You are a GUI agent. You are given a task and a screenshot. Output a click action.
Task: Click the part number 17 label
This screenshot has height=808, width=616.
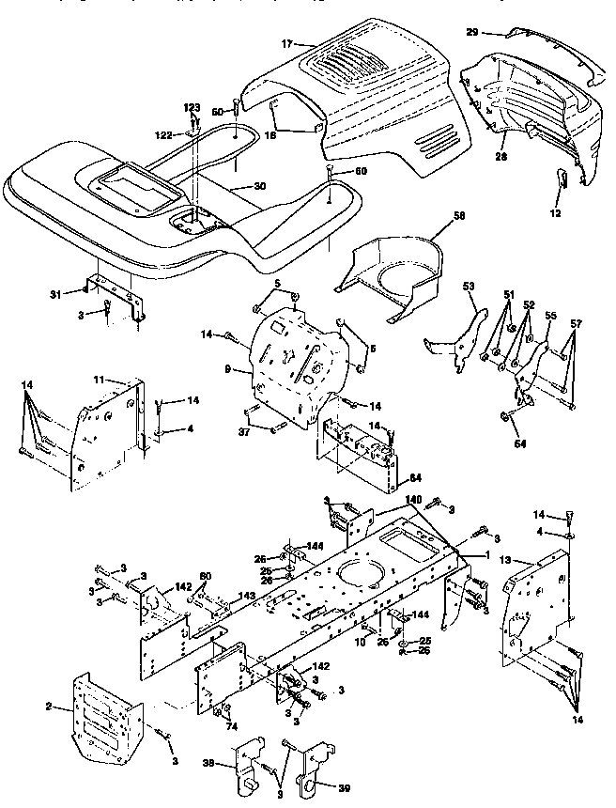(x=286, y=42)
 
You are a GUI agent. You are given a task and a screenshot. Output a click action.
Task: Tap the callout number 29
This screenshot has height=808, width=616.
(x=472, y=32)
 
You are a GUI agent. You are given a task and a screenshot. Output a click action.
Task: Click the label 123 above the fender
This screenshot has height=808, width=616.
(x=192, y=109)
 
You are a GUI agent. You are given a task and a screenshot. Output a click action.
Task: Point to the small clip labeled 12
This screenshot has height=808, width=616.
(x=562, y=182)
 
